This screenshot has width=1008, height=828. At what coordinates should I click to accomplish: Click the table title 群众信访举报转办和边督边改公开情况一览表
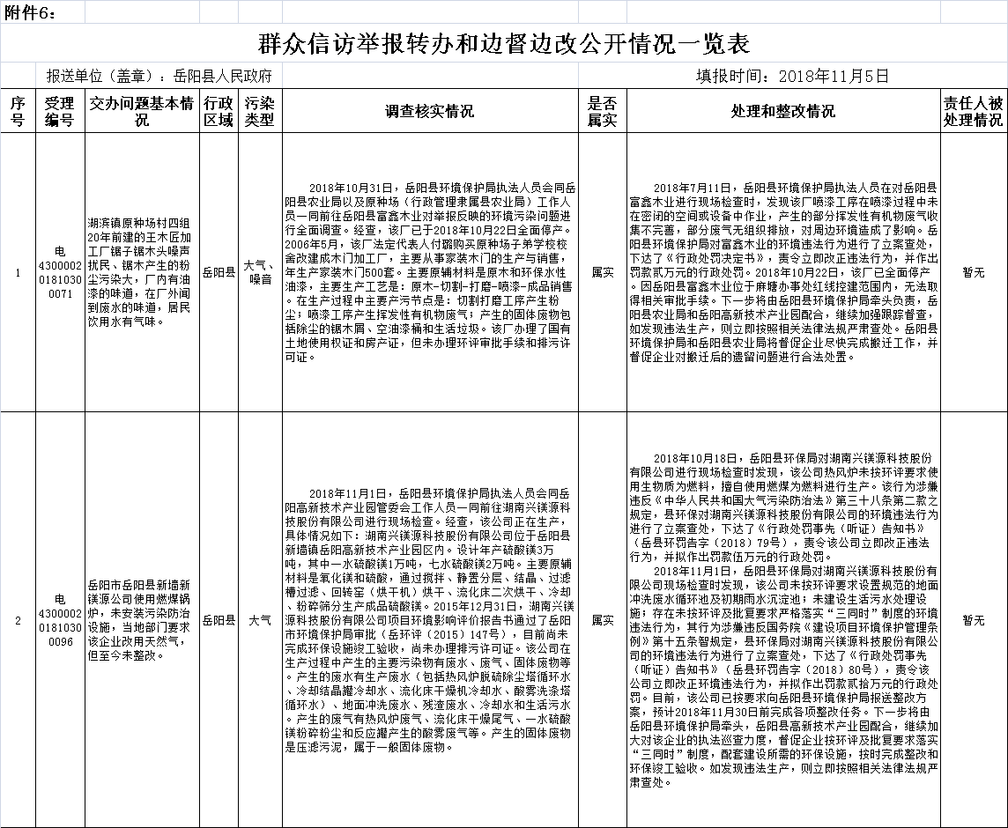pos(503,44)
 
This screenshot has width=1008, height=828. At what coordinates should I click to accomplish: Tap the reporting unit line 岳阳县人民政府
pos(159,76)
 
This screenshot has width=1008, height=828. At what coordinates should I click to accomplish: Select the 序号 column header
pos(18,111)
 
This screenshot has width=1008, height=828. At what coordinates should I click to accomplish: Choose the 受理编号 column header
pos(60,111)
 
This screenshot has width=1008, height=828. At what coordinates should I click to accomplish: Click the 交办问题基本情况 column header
pos(141,111)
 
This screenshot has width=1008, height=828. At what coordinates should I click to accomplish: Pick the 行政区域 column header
pos(219,111)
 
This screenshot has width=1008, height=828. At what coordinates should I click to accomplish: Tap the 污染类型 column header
pos(260,111)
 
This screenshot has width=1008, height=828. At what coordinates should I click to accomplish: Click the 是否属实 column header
pos(602,111)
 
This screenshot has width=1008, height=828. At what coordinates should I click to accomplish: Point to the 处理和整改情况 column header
pos(782,112)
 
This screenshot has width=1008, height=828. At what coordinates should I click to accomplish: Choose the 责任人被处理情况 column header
pos(973,111)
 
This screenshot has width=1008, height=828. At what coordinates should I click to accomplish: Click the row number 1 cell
pos(18,273)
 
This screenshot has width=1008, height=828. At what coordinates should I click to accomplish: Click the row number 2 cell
pos(18,620)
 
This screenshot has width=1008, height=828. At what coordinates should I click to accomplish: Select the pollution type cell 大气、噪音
pos(260,272)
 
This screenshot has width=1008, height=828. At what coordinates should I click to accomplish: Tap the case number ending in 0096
pos(60,620)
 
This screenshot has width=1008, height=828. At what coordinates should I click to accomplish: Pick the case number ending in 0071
pos(60,272)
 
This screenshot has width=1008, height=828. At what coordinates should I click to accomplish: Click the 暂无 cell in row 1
pos(973,273)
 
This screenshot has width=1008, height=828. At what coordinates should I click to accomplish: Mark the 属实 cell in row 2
pos(602,620)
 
